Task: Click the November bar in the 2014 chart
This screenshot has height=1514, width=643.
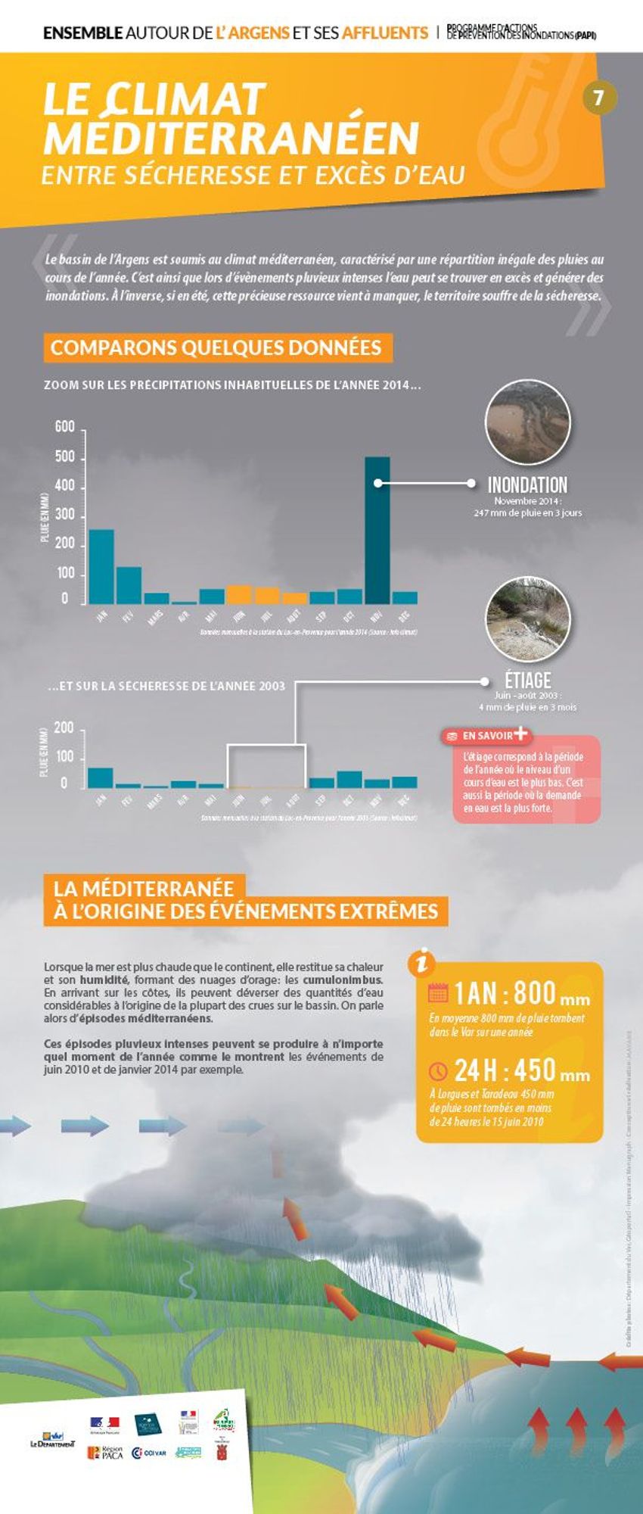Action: click(x=377, y=529)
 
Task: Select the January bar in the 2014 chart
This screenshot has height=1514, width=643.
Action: click(x=101, y=565)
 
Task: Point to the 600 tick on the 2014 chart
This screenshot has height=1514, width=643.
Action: click(x=65, y=428)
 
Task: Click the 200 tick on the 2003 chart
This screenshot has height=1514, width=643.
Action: click(x=64, y=729)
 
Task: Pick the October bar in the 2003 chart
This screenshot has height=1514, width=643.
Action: click(x=349, y=779)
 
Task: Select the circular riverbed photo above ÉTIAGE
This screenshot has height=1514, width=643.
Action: click(x=527, y=618)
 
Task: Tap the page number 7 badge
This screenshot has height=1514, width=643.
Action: click(x=598, y=98)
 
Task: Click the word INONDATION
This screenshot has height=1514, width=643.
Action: click(x=527, y=485)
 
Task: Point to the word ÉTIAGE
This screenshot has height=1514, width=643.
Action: click(x=527, y=680)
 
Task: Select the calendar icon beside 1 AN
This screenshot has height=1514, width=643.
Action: click(x=438, y=992)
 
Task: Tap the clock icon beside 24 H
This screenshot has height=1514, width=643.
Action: click(x=438, y=1071)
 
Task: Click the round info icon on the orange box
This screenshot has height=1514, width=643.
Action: click(x=421, y=962)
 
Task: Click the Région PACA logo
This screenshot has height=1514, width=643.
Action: click(x=105, y=1453)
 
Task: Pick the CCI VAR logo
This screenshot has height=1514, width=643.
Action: click(x=149, y=1453)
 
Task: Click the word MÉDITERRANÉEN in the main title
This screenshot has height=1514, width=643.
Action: click(x=231, y=138)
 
